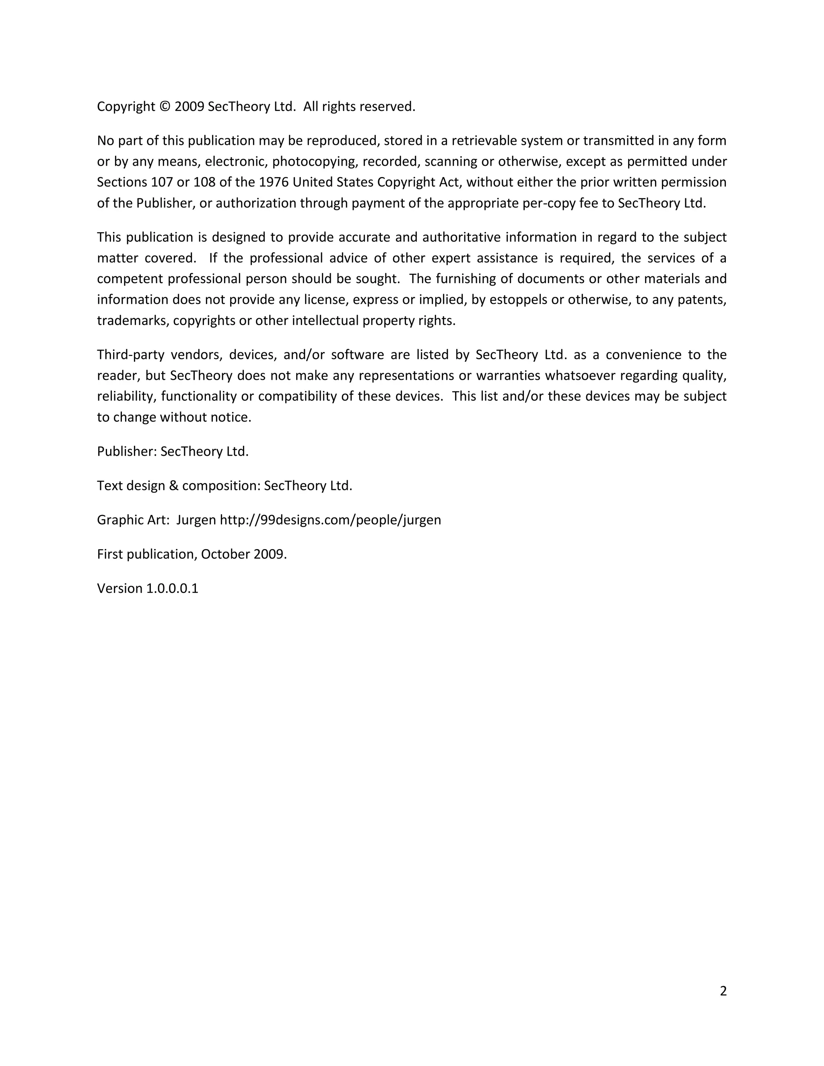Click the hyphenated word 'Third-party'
click(x=130, y=354)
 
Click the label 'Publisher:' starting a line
click(x=127, y=451)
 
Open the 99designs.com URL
click(x=330, y=520)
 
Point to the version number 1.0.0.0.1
click(x=172, y=588)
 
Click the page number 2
click(x=723, y=990)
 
